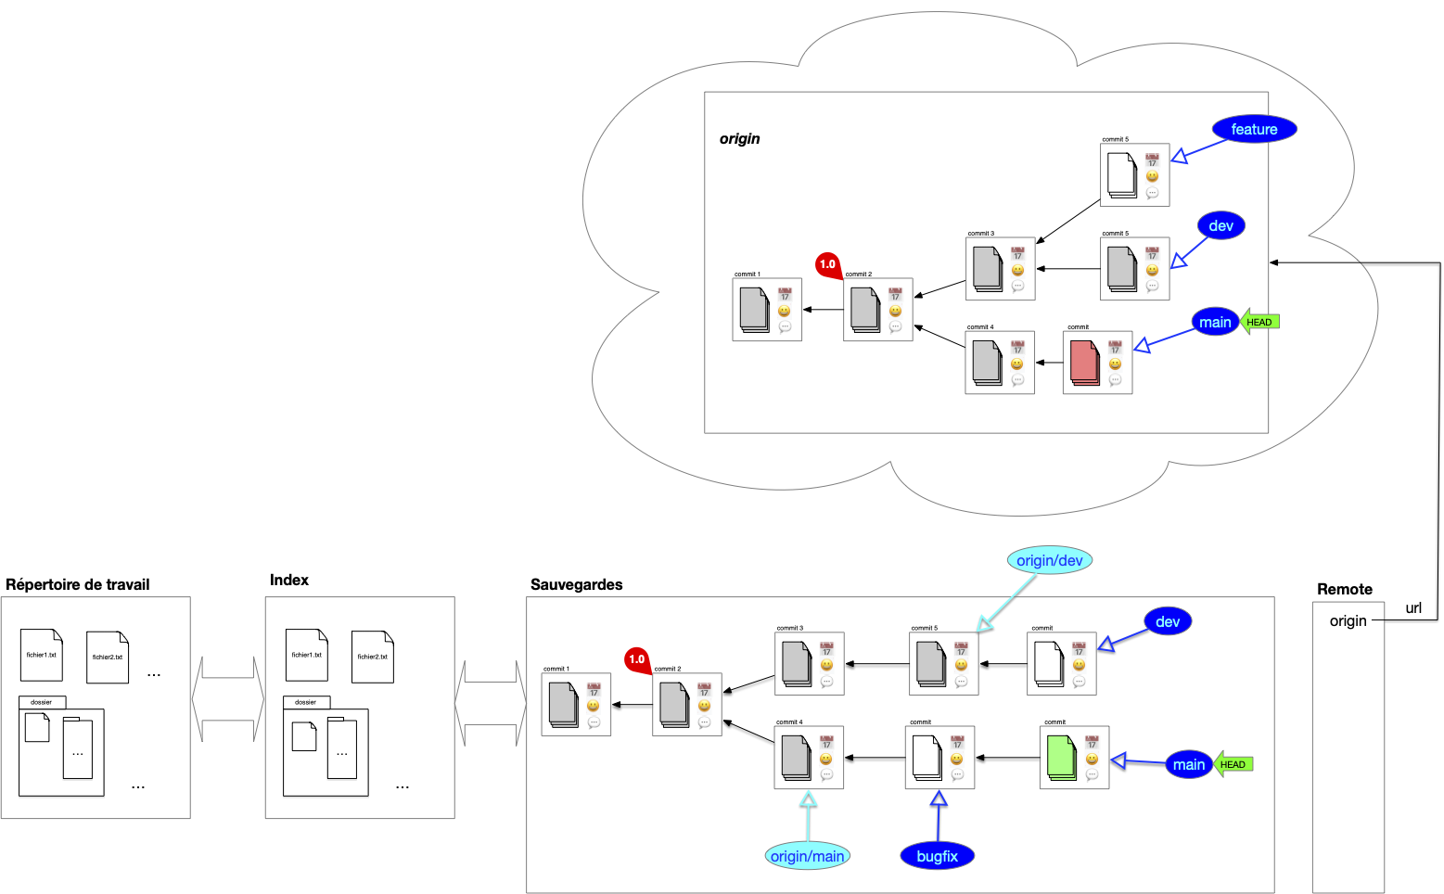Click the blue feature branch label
point(1253,130)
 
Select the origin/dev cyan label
point(1049,560)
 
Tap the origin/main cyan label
point(807,856)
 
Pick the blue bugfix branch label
point(937,856)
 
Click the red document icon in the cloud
point(1084,363)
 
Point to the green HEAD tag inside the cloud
point(1259,322)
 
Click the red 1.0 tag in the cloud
point(827,264)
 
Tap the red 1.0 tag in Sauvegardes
point(637,659)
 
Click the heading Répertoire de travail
point(78,584)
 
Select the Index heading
point(289,580)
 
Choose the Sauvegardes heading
point(576,584)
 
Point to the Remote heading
point(1344,589)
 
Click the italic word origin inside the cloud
point(739,139)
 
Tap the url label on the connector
point(1412,608)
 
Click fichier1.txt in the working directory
point(42,655)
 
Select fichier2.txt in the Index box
point(372,657)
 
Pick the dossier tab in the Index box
point(306,702)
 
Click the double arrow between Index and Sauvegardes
point(491,703)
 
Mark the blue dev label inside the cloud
point(1220,226)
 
